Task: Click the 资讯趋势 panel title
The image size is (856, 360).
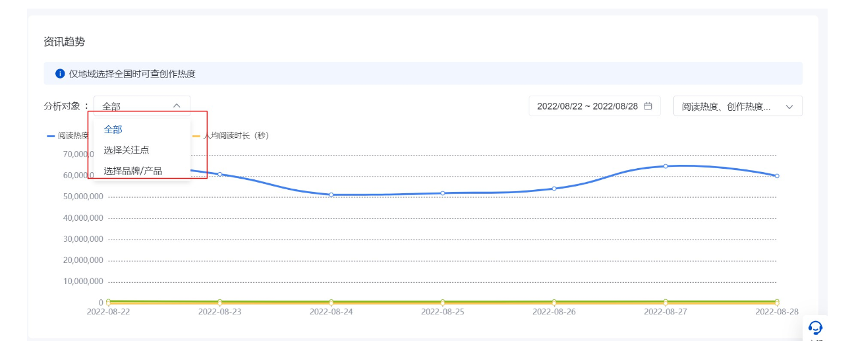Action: coord(64,42)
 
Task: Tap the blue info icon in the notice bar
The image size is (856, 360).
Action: coord(60,74)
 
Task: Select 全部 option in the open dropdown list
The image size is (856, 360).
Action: coord(113,129)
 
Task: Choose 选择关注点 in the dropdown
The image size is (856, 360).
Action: coord(127,150)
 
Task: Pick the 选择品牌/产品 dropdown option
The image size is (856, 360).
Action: coord(133,171)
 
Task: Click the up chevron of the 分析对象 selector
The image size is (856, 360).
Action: coord(177,105)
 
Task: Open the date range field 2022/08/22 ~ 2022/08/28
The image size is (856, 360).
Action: coord(587,106)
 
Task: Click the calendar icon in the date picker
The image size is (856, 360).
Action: coord(648,106)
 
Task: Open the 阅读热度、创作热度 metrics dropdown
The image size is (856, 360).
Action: coord(737,106)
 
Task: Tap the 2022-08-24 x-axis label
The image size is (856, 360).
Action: coord(331,311)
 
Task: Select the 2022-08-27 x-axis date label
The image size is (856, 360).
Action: coord(666,311)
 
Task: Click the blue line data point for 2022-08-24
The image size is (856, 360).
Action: coord(331,195)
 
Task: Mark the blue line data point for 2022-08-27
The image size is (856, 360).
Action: coord(666,166)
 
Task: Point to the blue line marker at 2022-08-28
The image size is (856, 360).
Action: coord(777,176)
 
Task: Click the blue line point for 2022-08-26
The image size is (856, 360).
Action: coord(554,189)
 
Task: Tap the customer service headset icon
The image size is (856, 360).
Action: coord(815,328)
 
